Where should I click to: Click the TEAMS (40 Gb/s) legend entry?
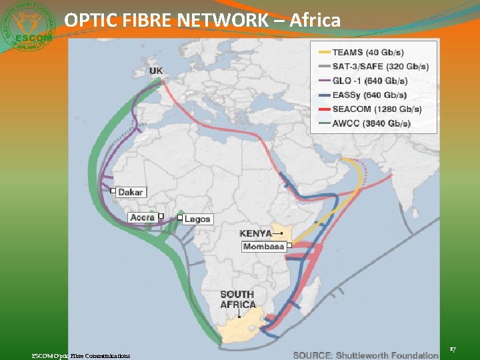click(367, 52)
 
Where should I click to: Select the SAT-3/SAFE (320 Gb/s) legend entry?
click(380, 67)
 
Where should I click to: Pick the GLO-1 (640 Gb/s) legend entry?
click(369, 81)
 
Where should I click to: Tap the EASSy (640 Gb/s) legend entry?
click(369, 95)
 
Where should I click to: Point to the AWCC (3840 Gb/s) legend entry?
click(371, 123)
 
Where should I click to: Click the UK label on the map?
click(156, 71)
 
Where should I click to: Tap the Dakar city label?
click(131, 192)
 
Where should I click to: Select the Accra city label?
click(143, 217)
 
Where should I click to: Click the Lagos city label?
click(197, 219)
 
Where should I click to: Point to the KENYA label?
click(256, 233)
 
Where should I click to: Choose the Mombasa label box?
click(264, 247)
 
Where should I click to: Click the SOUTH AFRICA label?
click(237, 299)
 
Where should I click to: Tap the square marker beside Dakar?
click(113, 191)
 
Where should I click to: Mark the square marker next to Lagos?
click(179, 217)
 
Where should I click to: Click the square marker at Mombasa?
click(289, 245)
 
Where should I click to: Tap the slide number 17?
click(453, 349)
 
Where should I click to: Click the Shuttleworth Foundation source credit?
click(365, 355)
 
